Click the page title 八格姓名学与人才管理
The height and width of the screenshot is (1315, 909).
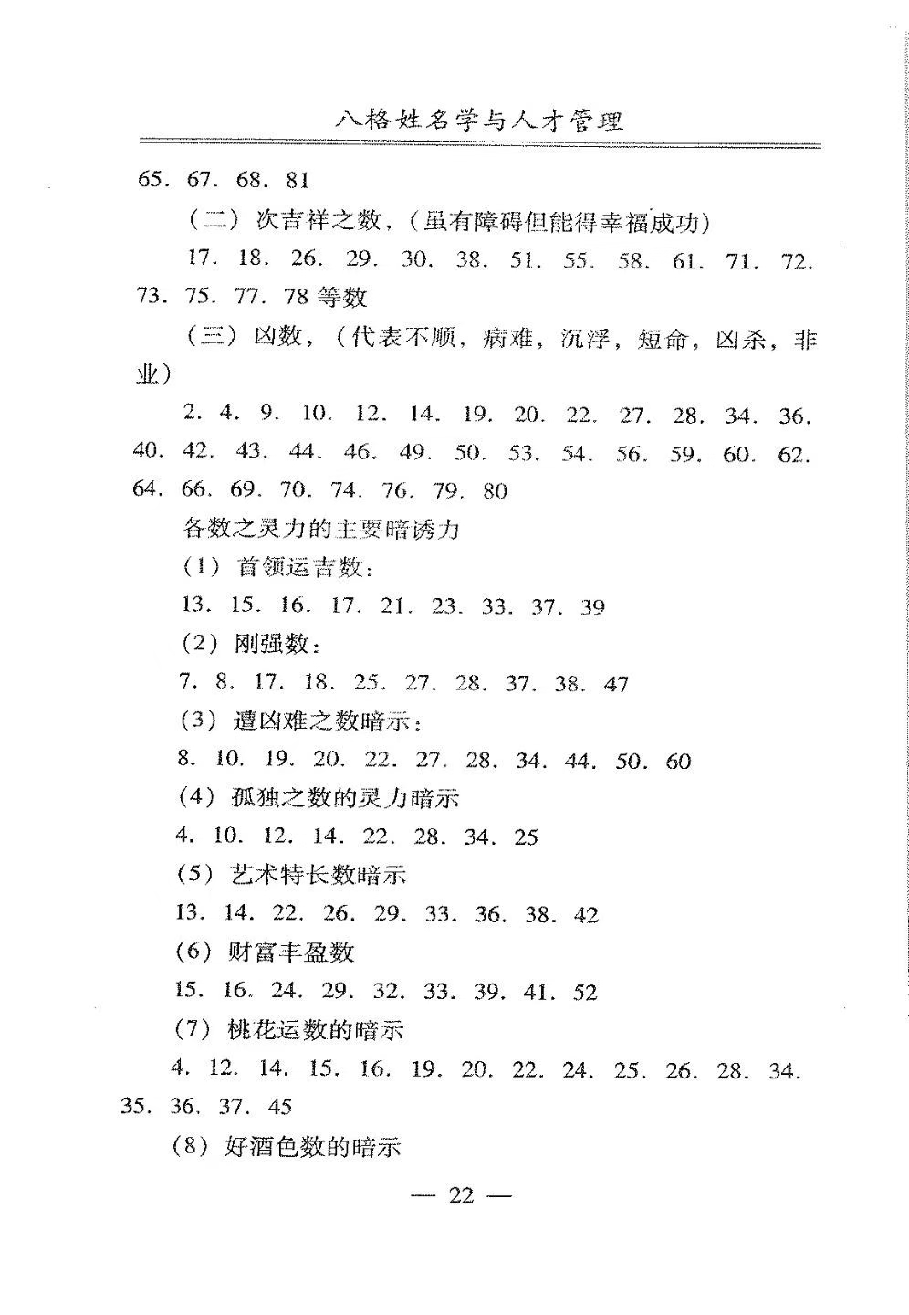pyautogui.click(x=479, y=121)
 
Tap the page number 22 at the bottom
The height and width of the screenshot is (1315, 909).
pyautogui.click(x=462, y=1195)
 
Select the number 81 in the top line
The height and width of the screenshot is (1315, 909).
pyautogui.click(x=297, y=180)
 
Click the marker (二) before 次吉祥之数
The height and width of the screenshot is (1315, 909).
pyautogui.click(x=212, y=221)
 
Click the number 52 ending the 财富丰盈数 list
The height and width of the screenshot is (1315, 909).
pyautogui.click(x=585, y=993)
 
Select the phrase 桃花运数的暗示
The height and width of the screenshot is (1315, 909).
pyautogui.click(x=315, y=1031)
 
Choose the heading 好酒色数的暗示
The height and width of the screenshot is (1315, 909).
pyautogui.click(x=312, y=1147)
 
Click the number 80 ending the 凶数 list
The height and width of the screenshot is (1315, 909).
pyautogui.click(x=495, y=491)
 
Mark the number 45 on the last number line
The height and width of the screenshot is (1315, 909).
pyautogui.click(x=279, y=1108)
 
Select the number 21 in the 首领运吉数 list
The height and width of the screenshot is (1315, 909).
pyautogui.click(x=392, y=606)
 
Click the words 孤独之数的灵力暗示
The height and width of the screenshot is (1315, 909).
pyautogui.click(x=345, y=799)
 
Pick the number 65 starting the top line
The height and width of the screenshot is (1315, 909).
pyautogui.click(x=151, y=180)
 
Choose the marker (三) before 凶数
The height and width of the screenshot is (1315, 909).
pyautogui.click(x=212, y=338)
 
